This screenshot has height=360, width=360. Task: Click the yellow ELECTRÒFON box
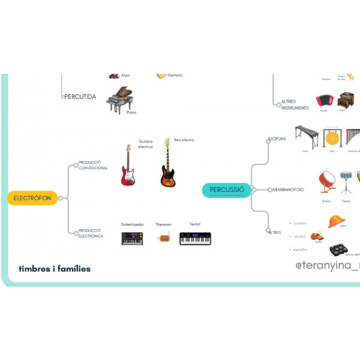(32, 198)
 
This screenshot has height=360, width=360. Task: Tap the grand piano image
(119, 99)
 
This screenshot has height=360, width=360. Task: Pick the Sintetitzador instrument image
(132, 238)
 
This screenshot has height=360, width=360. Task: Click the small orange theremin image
(163, 238)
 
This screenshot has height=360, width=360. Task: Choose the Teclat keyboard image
(195, 238)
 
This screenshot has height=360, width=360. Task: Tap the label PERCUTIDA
(80, 96)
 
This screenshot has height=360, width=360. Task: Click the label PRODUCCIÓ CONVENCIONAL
(93, 165)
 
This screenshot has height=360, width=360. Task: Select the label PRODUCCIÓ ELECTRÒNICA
(91, 233)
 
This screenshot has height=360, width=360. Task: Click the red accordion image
(324, 100)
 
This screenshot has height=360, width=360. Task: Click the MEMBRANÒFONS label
(288, 190)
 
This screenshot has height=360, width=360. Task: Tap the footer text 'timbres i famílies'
(55, 269)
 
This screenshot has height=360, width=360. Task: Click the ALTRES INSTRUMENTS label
(295, 105)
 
